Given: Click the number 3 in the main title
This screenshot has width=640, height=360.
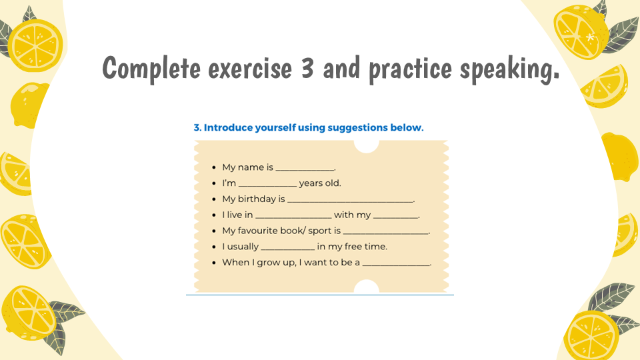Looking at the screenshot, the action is coord(307,68).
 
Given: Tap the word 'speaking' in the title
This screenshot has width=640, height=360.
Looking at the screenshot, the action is coord(509,69).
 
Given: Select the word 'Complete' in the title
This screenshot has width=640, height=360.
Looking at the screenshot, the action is coord(151,69).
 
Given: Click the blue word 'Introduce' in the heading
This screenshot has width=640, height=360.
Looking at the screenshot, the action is coord(228,127).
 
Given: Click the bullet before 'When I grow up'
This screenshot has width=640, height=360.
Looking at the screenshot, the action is coord(214,263).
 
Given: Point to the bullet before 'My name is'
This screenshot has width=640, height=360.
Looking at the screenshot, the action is coord(214,168).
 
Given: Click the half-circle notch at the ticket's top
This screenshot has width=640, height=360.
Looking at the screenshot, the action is coord(366,146).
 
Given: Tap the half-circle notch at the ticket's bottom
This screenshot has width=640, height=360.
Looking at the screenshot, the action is coord(366,286).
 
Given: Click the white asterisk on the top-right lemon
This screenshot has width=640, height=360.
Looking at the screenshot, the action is coord(590,38).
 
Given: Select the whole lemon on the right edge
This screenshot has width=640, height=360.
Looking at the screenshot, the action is coord(619,157).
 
